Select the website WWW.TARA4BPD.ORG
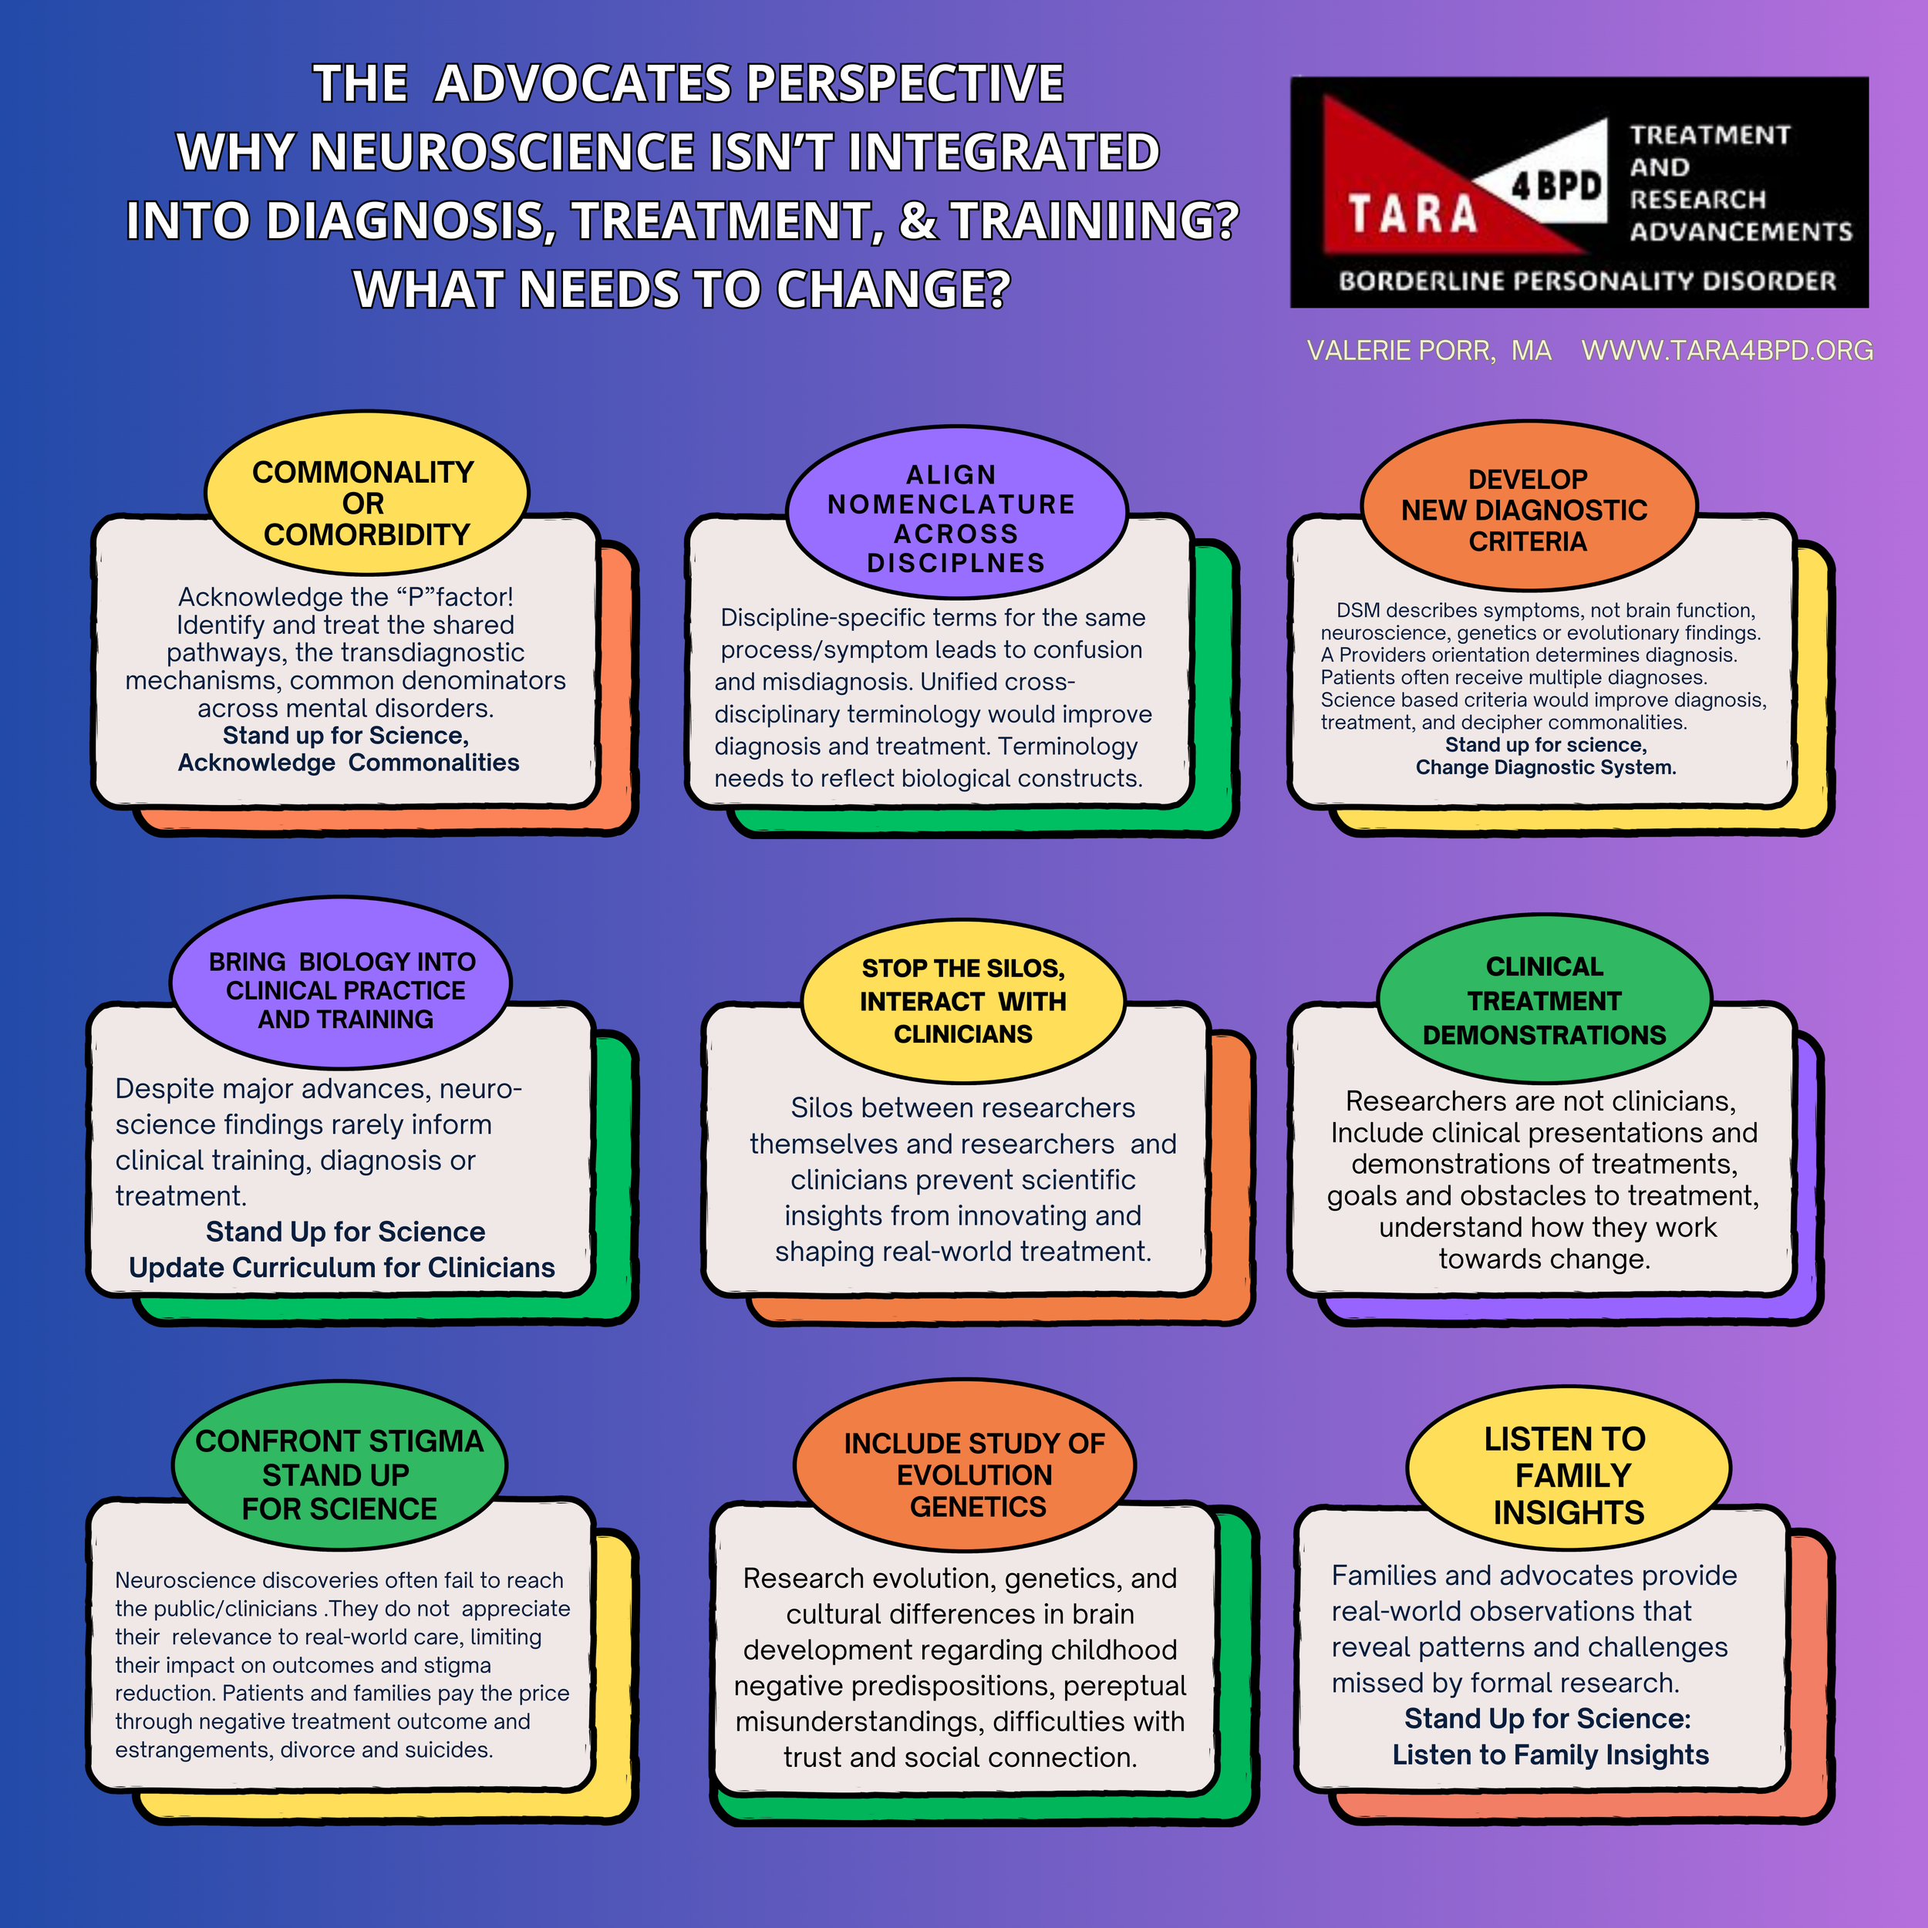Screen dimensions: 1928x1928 click(x=1727, y=351)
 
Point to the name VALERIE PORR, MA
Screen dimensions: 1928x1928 click(x=1428, y=351)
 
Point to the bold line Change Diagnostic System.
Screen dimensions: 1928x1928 click(x=1545, y=767)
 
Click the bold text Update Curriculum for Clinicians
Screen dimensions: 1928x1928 click(x=342, y=1267)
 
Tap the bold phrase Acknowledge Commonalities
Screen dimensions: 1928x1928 click(x=349, y=763)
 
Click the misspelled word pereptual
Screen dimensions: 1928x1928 click(x=1124, y=1686)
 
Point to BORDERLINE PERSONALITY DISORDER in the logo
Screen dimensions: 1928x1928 click(x=1586, y=281)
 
